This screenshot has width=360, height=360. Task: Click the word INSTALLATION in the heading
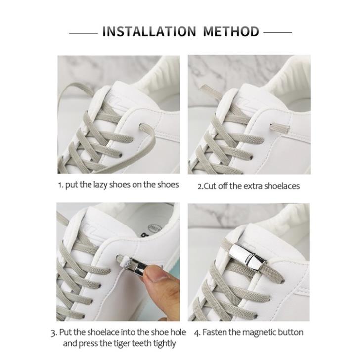(149, 32)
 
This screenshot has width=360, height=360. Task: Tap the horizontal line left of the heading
(83, 33)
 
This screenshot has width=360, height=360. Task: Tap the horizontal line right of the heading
(277, 33)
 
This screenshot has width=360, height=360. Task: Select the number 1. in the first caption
(61, 185)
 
